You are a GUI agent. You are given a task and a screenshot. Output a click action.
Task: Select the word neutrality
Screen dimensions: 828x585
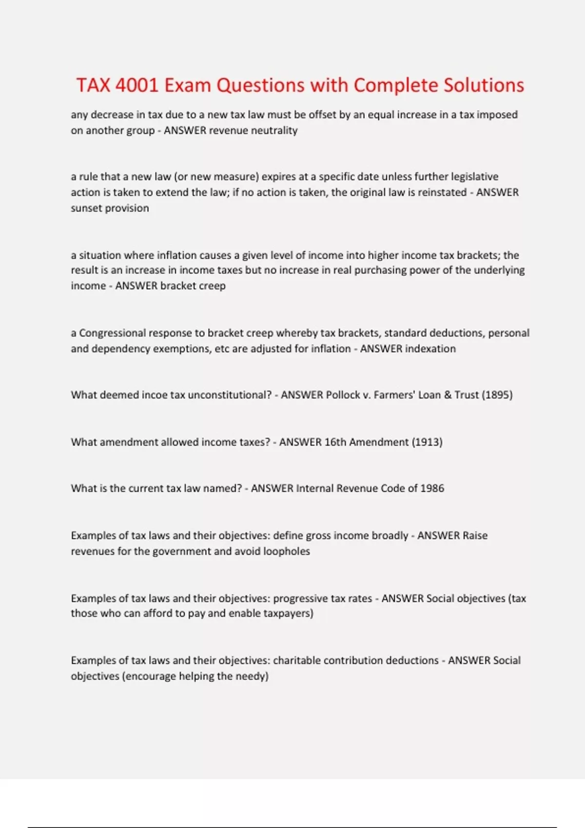click(275, 131)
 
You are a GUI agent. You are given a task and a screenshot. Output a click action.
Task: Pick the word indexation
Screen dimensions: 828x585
click(430, 349)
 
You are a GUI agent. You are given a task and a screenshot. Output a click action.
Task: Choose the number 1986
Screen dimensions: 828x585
click(432, 489)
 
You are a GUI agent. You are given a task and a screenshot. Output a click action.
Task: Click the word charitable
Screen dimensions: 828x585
click(296, 660)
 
